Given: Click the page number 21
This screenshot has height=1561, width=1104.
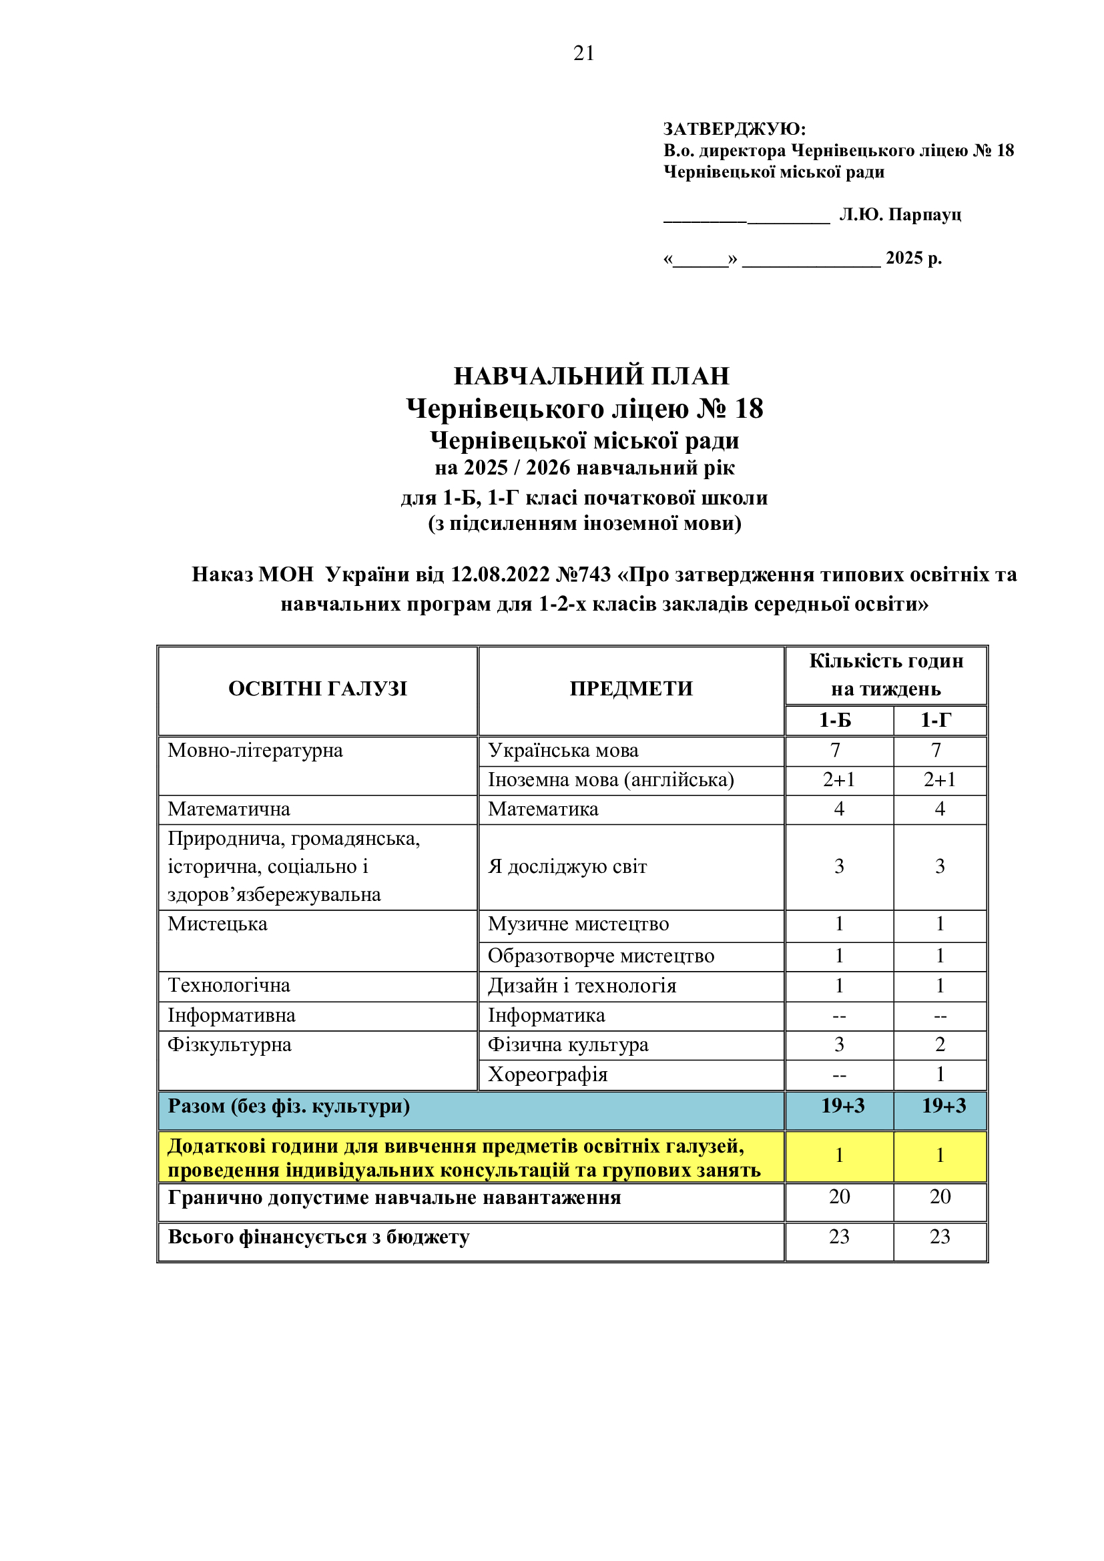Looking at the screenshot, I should point(584,53).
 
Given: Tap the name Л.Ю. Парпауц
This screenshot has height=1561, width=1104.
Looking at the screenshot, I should point(900,215).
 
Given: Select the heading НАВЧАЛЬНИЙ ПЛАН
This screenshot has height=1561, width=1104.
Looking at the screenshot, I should point(591,376).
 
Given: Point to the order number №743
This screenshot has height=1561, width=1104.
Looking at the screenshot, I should point(583,575).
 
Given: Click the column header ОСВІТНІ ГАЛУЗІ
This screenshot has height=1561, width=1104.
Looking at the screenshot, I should point(318,689).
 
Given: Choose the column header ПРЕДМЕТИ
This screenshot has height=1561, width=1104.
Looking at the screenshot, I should point(631,689).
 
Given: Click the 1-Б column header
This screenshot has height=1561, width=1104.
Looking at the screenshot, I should point(836,720).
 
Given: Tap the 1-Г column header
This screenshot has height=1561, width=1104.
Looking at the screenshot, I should point(936,720).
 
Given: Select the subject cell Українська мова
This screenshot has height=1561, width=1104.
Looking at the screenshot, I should point(563,751).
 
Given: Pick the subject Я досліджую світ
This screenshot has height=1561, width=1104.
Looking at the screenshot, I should point(567,867).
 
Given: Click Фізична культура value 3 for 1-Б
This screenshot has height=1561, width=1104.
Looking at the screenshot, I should point(839,1045).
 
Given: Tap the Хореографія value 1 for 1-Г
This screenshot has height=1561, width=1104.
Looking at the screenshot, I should point(940,1075).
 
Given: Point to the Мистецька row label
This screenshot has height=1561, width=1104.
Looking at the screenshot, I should point(218,924).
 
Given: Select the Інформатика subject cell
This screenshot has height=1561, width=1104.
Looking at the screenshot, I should point(546,1016).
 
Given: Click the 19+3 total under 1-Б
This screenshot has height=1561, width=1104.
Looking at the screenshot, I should point(843,1106).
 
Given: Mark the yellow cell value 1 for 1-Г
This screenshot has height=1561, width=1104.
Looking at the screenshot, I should point(940,1155).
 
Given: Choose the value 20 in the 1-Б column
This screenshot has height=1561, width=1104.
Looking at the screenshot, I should point(839,1197).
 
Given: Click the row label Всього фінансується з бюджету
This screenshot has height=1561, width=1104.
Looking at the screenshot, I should point(318,1237).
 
